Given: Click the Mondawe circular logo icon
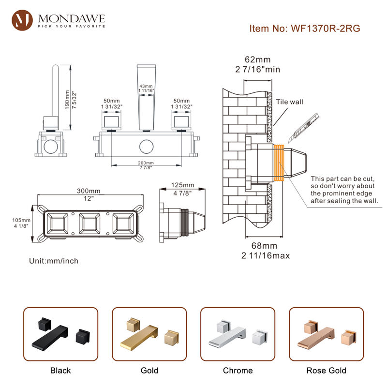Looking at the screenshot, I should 22,20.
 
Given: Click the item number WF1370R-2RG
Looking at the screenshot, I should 305,28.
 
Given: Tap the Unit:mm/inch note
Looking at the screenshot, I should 54,261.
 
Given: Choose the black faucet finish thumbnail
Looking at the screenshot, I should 60,334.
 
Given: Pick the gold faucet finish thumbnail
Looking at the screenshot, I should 149,334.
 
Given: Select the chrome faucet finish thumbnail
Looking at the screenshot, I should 238,334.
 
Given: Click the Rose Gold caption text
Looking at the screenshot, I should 326,371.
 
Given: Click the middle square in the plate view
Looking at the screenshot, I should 89,224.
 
